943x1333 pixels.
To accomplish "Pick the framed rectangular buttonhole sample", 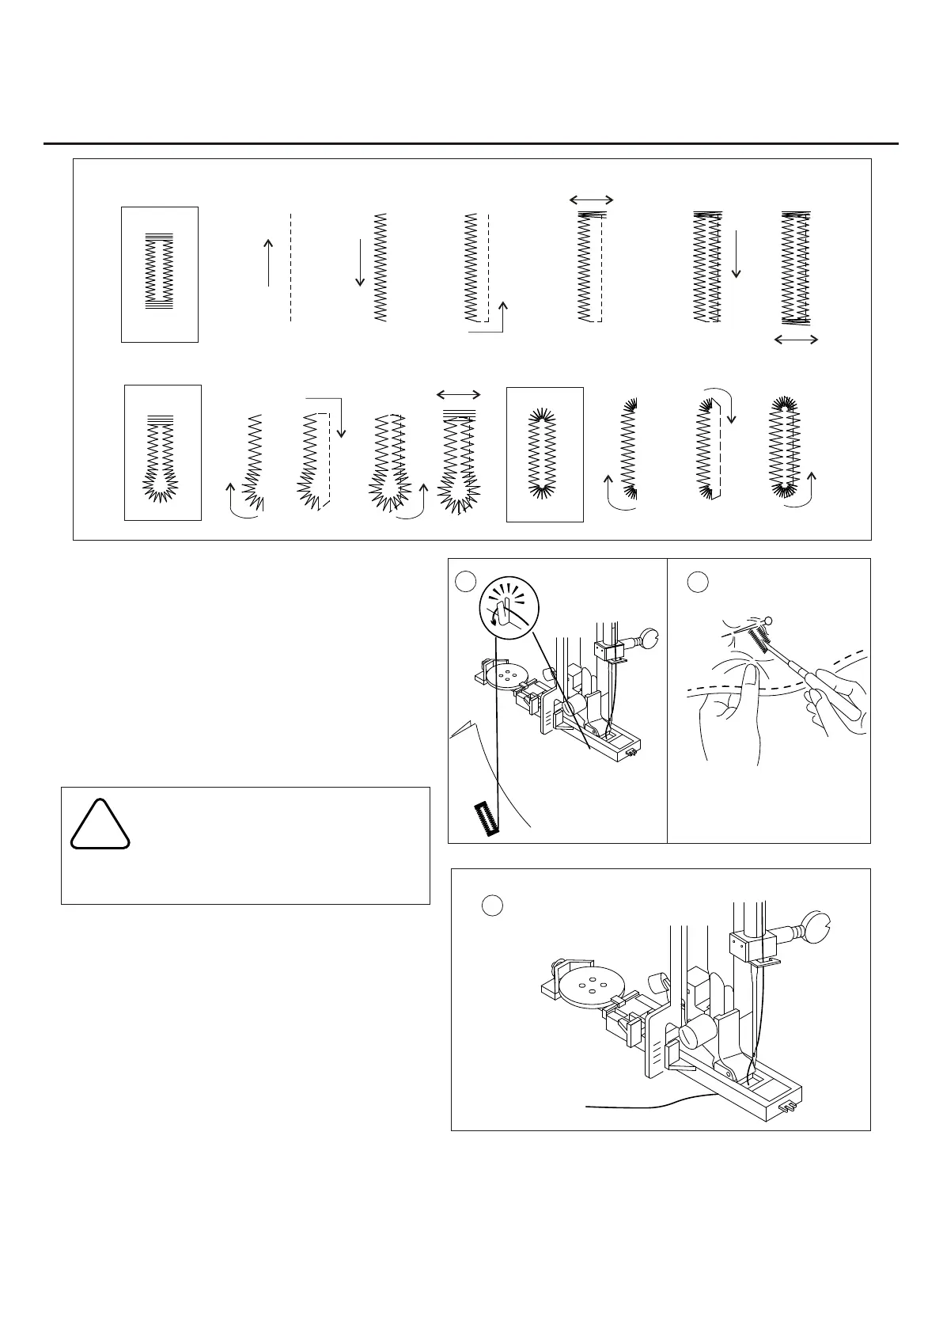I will coord(160,274).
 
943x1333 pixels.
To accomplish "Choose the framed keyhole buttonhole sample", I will coord(163,453).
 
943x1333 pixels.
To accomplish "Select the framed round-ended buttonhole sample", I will coord(545,454).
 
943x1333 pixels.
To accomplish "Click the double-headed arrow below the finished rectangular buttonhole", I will coord(796,340).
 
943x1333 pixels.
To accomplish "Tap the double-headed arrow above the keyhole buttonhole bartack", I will coord(459,394).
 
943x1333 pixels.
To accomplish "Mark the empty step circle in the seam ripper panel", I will coord(696,582).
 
